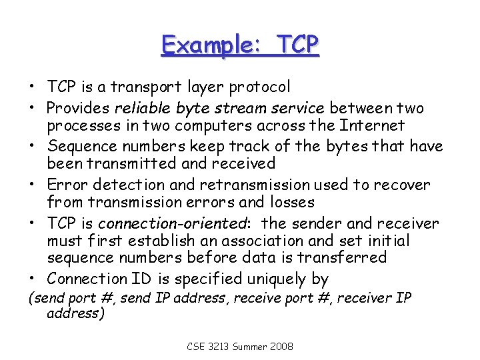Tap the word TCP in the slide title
point(294,45)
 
